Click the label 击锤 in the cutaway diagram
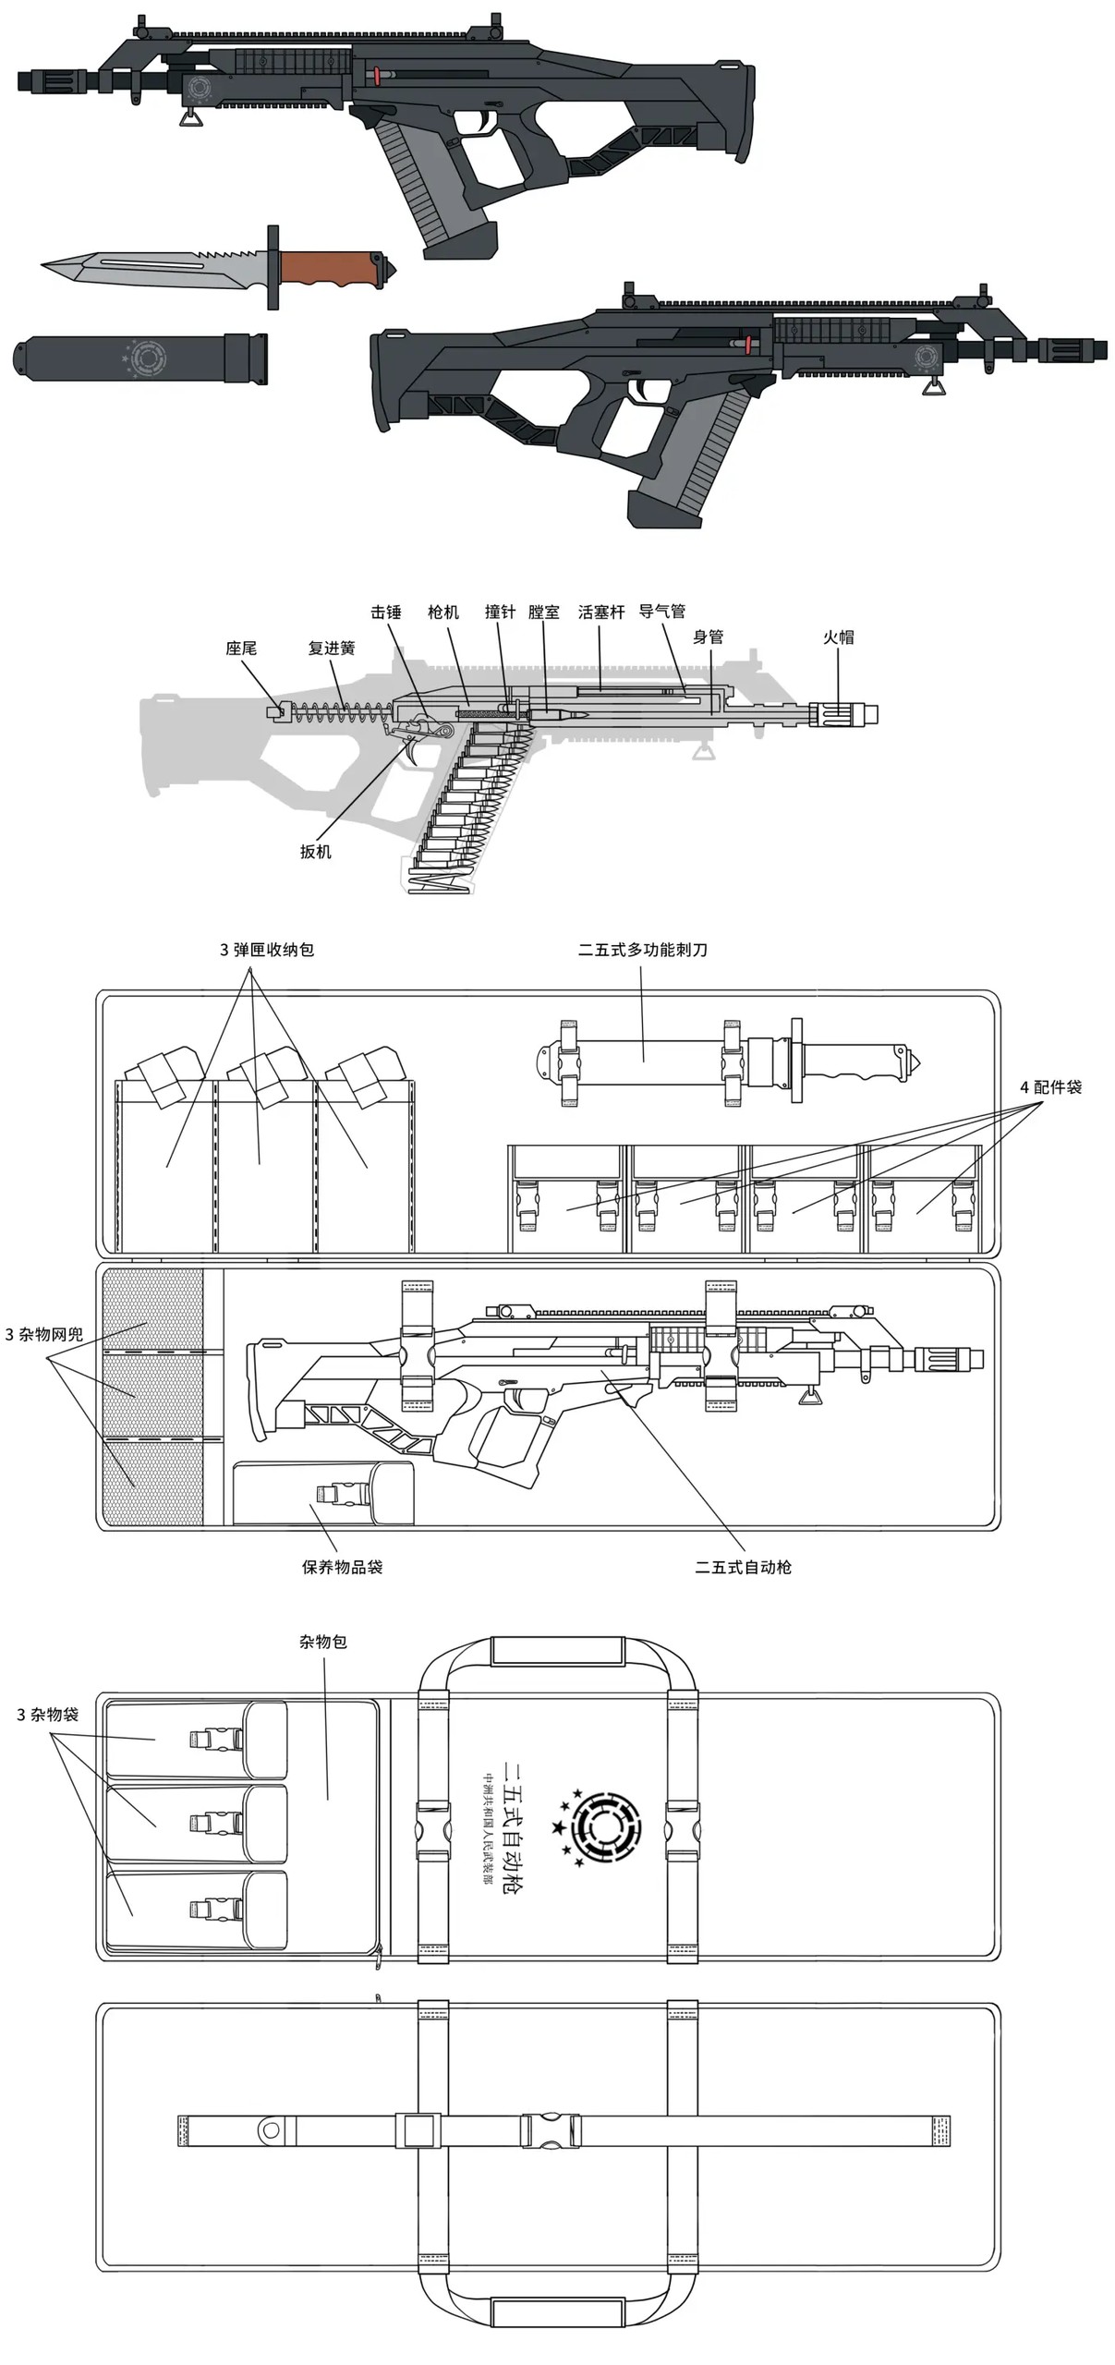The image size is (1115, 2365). pos(386,612)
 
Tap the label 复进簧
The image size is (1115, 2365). pos(332,648)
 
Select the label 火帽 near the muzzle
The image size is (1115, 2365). pos(839,637)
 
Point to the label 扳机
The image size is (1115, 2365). pos(315,851)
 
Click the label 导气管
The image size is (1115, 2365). pos(662,611)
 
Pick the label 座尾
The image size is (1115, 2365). pos(241,648)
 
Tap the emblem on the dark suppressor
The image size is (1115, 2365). pos(144,357)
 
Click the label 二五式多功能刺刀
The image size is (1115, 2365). pos(643,949)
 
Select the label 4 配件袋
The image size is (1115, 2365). pos(1050,1086)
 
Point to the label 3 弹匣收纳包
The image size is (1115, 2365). pos(267,949)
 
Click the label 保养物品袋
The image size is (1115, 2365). pos(342,1566)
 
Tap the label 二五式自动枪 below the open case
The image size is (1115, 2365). pos(744,1566)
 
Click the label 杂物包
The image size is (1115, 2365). pos(323,1641)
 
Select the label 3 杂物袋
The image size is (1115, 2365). pos(48,1714)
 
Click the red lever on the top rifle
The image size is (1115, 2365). pos(378,75)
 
